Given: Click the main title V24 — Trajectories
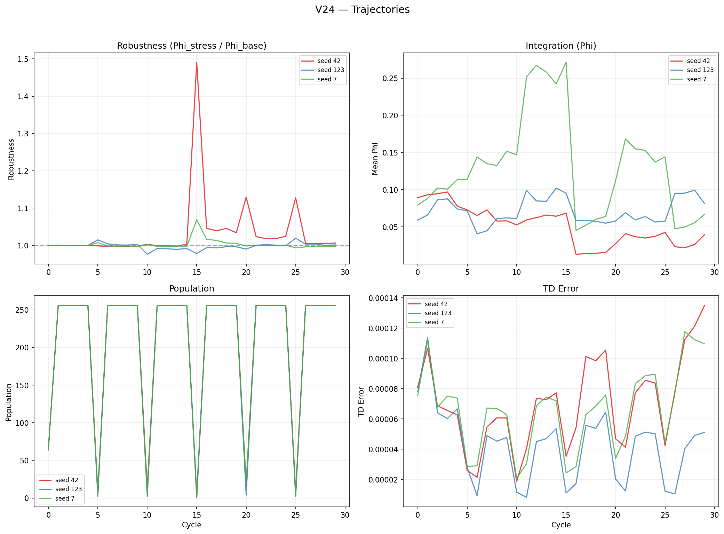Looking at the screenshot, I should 362,10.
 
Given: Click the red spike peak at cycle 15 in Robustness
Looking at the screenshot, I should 197,63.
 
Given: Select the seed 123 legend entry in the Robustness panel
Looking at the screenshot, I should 331,70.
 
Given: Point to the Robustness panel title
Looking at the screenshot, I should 191,46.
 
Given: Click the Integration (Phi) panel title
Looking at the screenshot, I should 561,46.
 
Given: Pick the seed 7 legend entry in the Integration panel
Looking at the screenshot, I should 696,79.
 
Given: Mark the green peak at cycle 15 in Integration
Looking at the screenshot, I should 566,63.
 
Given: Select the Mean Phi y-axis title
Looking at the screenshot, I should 375,159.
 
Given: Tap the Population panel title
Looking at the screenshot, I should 191,289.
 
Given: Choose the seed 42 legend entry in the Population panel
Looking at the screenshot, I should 66,480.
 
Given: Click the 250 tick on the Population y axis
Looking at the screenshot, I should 22,310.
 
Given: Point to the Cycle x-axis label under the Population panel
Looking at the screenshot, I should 191,525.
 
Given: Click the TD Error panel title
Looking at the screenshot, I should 561,289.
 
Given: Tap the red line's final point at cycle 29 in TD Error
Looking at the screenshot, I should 705,305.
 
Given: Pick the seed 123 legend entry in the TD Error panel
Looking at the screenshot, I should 438,313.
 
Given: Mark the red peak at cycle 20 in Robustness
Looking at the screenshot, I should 246,198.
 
